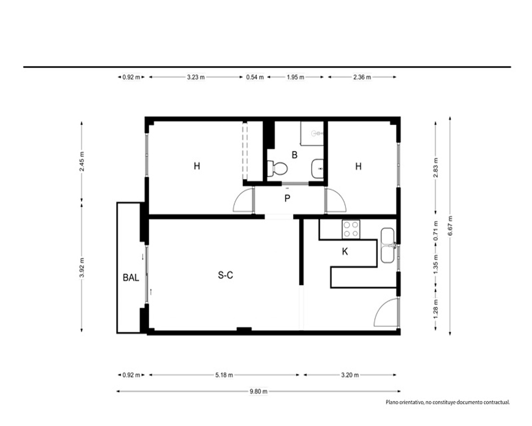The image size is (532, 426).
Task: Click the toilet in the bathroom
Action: click(x=278, y=168)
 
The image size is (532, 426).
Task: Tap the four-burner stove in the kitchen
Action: click(x=351, y=230)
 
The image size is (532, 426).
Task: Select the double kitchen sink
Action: click(x=388, y=245)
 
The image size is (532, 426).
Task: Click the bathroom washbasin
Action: click(x=318, y=168)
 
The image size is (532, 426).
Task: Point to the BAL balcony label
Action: click(x=131, y=277)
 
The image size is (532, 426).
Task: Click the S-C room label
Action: click(x=225, y=275)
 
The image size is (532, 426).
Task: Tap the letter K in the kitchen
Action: click(x=345, y=251)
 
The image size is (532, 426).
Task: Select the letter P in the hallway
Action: click(x=287, y=199)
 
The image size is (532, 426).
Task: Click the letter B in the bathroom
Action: click(x=295, y=155)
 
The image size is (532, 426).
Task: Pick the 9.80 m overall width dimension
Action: click(x=259, y=391)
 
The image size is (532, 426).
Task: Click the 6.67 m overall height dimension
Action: click(x=450, y=226)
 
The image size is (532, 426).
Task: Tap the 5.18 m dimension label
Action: click(x=225, y=375)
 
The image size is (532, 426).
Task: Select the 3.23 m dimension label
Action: click(x=196, y=77)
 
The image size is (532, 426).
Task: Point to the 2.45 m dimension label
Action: click(x=82, y=161)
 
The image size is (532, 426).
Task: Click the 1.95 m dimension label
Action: click(x=295, y=77)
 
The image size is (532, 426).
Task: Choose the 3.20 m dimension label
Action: click(x=350, y=375)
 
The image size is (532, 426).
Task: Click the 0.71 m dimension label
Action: click(x=436, y=231)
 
